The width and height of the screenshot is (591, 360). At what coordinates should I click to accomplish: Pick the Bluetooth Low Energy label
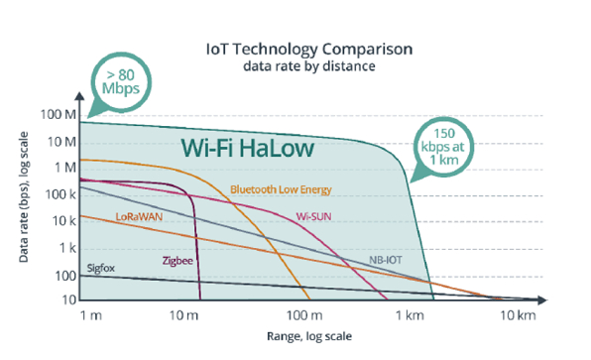click(x=280, y=188)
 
